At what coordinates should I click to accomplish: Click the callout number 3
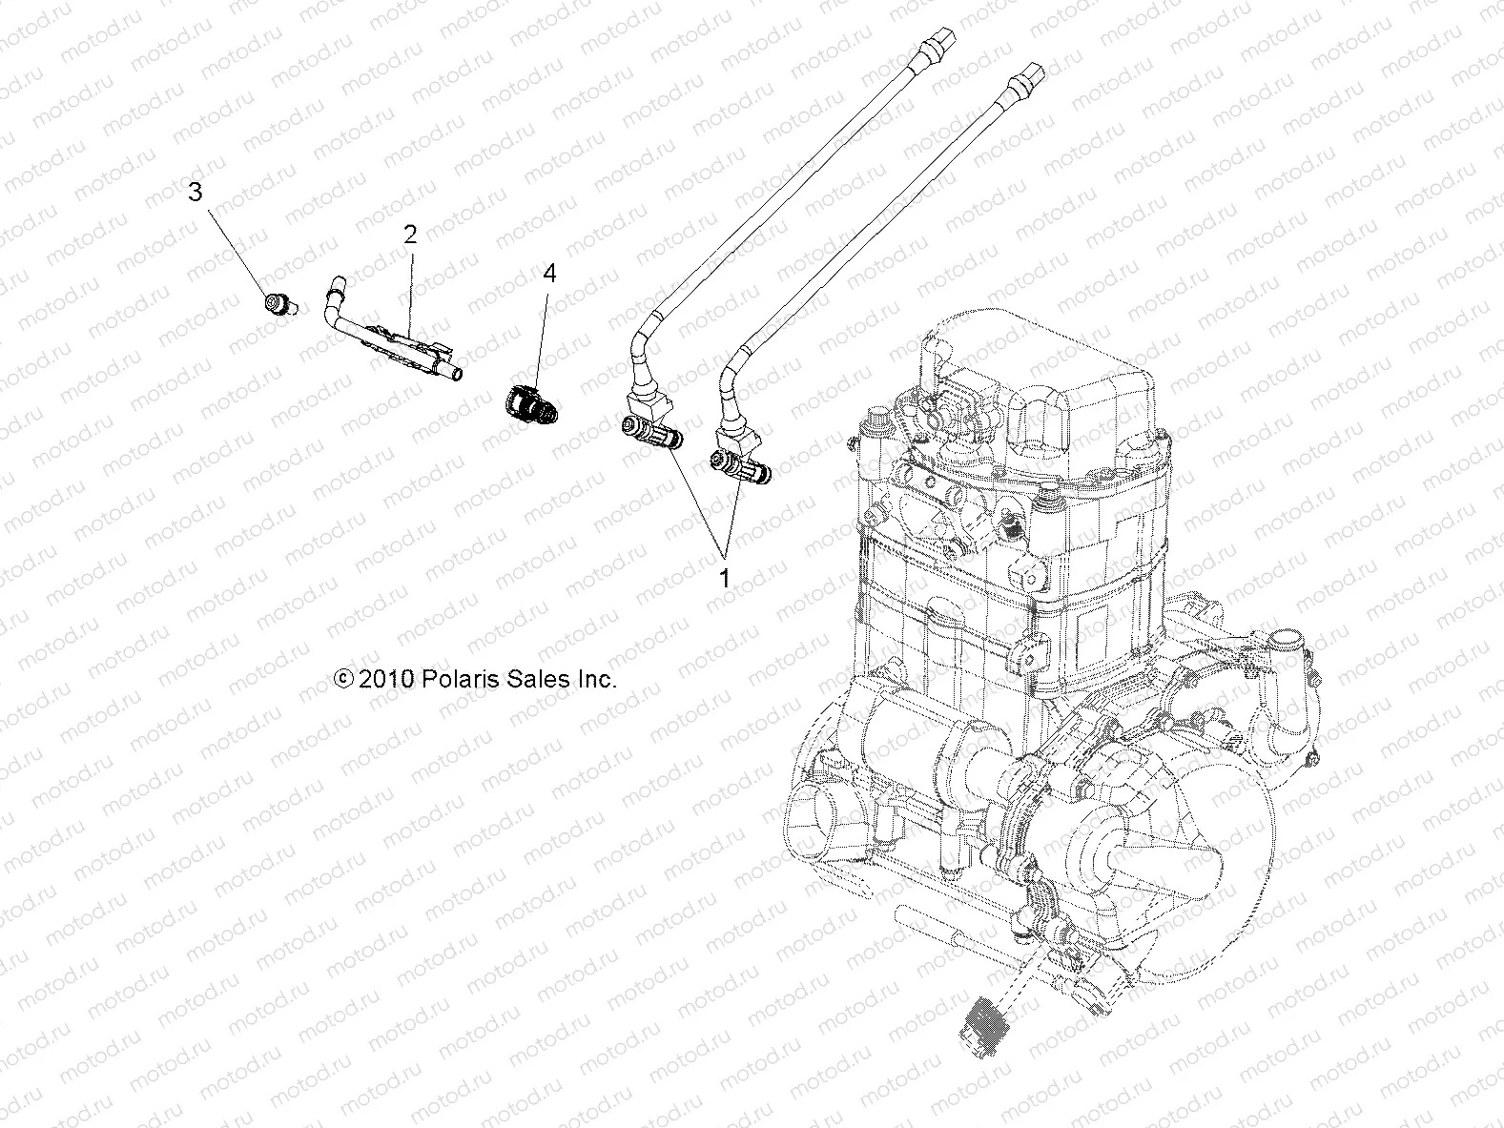195,192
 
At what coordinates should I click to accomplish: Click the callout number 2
410,235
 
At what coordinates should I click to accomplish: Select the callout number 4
548,274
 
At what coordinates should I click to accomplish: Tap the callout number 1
724,577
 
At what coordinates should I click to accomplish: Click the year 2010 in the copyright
385,680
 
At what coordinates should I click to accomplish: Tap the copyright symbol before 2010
343,680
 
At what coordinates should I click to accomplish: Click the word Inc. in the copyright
594,680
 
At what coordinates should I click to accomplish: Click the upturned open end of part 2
335,284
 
